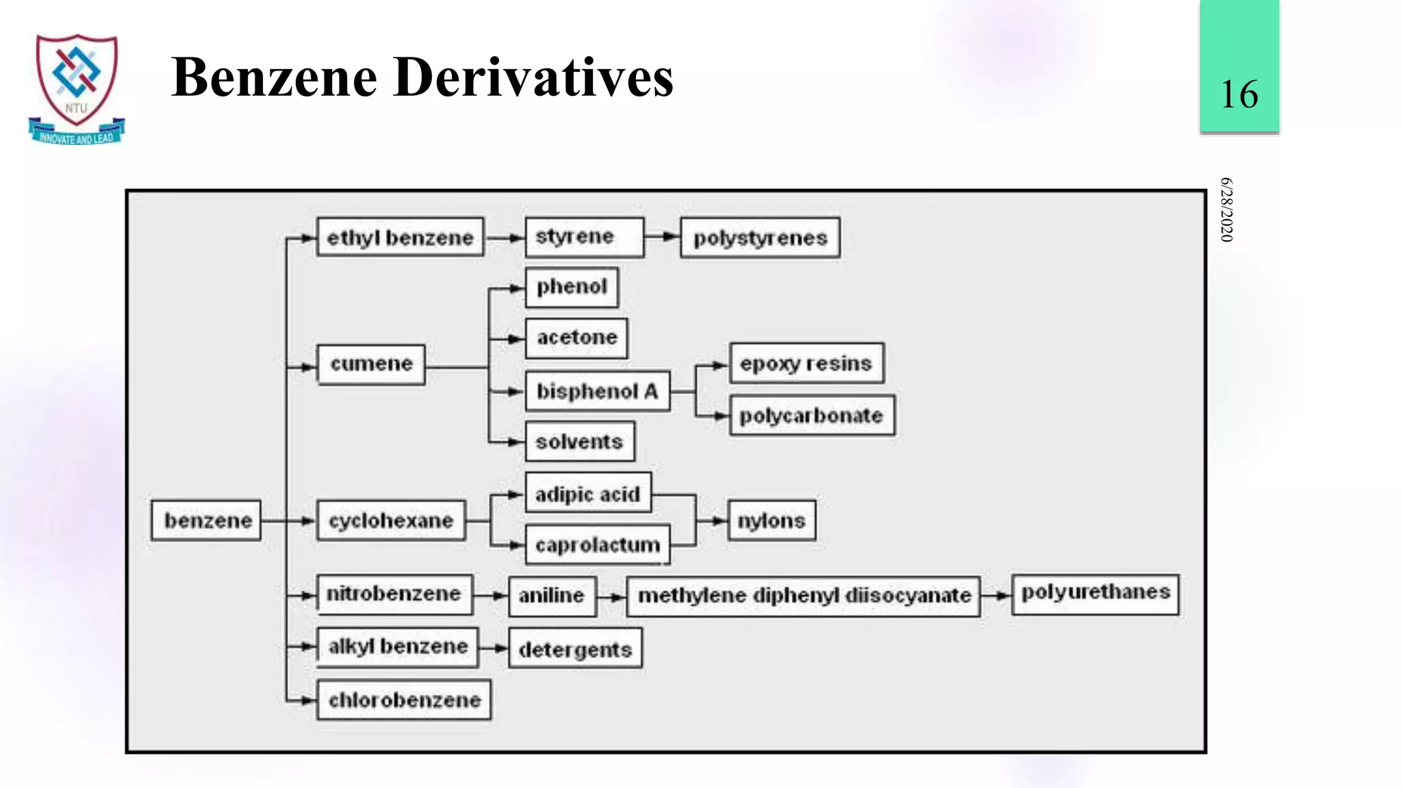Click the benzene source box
coord(206,521)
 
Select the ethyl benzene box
coord(400,237)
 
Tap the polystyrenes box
coord(760,237)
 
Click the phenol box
coord(572,287)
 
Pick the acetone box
coord(576,338)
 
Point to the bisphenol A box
coord(597,391)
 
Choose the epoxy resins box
coord(806,363)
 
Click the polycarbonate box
coord(812,415)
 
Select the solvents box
coord(580,442)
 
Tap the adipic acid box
coord(588,493)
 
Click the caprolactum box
coord(598,545)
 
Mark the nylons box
coord(772,521)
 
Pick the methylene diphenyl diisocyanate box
coord(804,596)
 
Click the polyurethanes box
coord(1095,593)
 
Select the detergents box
coord(575,648)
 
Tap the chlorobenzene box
coord(404,700)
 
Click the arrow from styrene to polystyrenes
coord(661,237)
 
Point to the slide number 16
coord(1239,94)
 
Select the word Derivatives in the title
coord(533,77)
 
